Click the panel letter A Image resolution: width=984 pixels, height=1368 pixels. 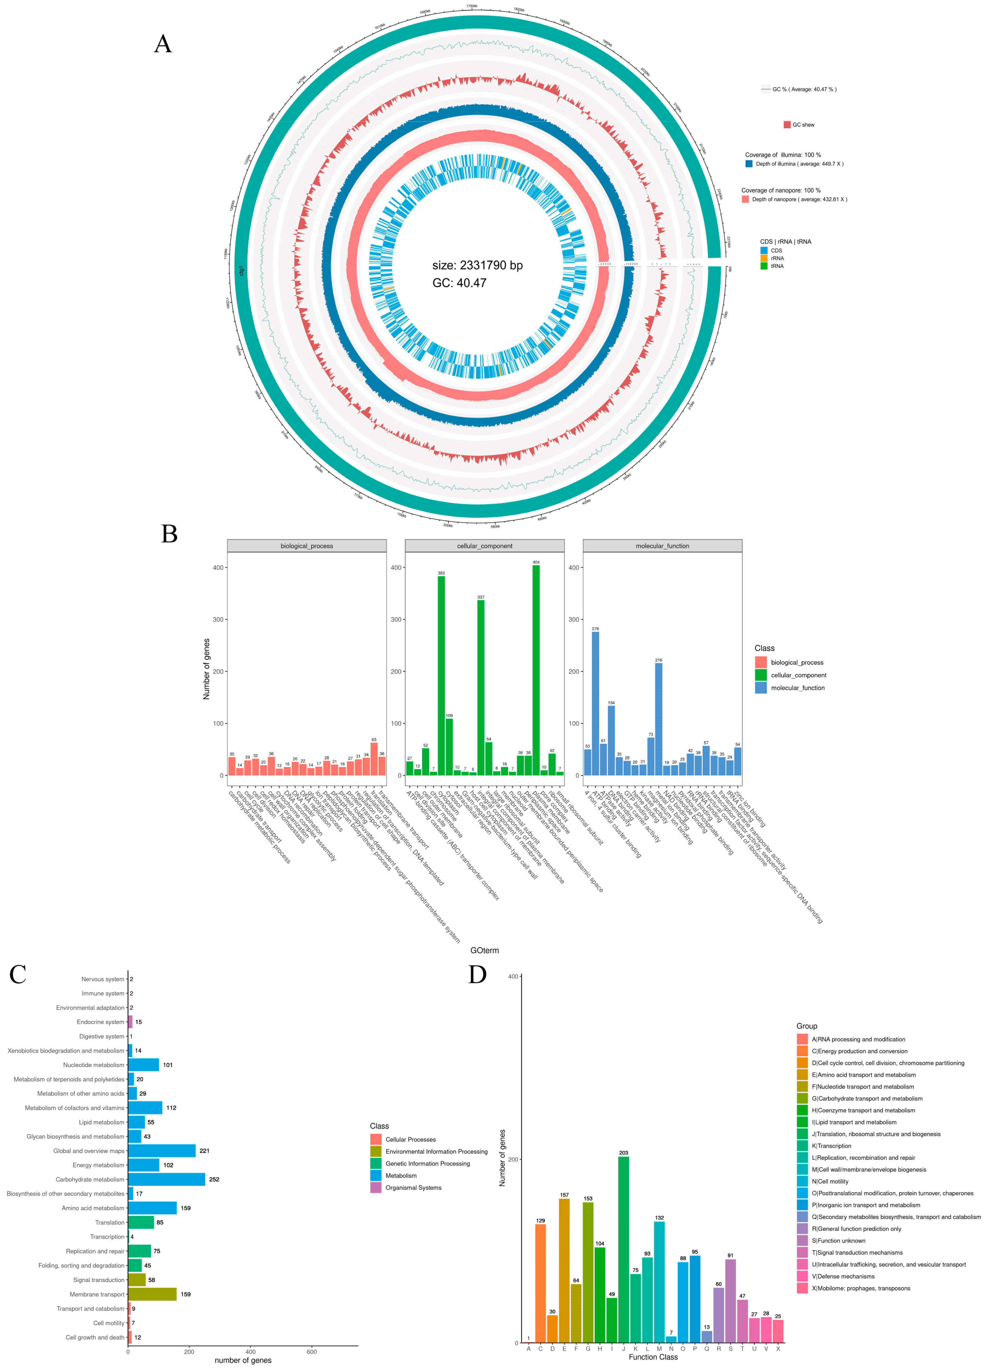click(163, 44)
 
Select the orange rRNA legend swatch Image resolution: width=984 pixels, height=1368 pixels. click(764, 258)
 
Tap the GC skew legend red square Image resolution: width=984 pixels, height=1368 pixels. click(787, 125)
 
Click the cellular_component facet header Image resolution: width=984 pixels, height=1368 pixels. click(484, 546)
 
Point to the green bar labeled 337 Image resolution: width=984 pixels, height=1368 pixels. click(481, 688)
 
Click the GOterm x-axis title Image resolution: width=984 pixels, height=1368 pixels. click(484, 950)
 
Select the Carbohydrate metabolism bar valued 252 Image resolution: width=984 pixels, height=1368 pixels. click(167, 1179)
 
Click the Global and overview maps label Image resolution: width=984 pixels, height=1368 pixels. click(89, 1151)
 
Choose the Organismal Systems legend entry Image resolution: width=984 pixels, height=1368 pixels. click(413, 1188)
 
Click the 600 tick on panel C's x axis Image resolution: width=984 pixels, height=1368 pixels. click(311, 1352)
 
